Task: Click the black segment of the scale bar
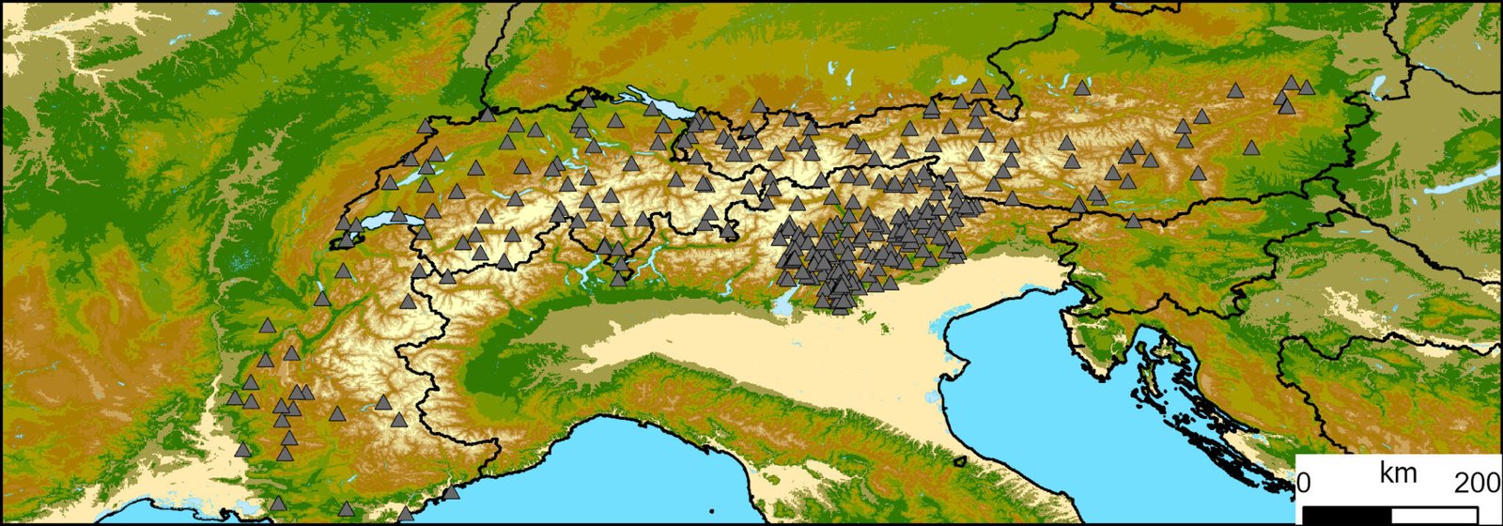click(1347, 515)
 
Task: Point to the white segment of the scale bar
click(1434, 515)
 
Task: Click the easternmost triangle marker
click(1307, 87)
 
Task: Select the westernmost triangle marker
click(235, 398)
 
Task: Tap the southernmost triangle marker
click(406, 514)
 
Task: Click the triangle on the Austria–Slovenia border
click(1134, 221)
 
